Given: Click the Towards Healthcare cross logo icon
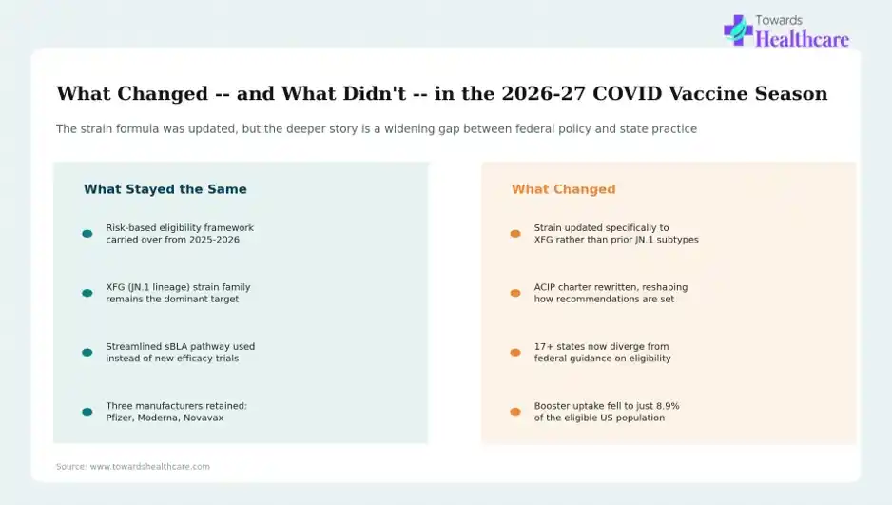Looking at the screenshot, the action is pyautogui.click(x=738, y=30).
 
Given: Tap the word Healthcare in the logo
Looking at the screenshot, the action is pyautogui.click(x=802, y=39).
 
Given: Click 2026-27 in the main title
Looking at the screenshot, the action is pyautogui.click(x=543, y=93).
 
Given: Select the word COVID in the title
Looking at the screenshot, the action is pyautogui.click(x=628, y=93).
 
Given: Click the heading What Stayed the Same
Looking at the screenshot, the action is pyautogui.click(x=165, y=189).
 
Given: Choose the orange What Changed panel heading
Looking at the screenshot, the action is pyautogui.click(x=563, y=189).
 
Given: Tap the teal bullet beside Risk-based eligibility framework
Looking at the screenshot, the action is pyautogui.click(x=87, y=234).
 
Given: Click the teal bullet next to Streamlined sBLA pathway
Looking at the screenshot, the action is pyautogui.click(x=87, y=353).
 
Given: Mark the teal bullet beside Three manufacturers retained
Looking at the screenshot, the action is pyautogui.click(x=87, y=412).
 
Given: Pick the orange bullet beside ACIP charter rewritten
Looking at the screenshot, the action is pyautogui.click(x=515, y=293).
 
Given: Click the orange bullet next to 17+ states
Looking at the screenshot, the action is pyautogui.click(x=515, y=353).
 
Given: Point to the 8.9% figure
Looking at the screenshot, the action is pyautogui.click(x=668, y=406).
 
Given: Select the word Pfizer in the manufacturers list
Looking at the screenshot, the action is pyautogui.click(x=119, y=418).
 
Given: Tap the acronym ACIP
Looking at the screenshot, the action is pyautogui.click(x=546, y=287).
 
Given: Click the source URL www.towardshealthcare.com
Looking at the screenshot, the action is pyautogui.click(x=149, y=466).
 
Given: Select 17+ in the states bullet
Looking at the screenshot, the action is pyautogui.click(x=543, y=346).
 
